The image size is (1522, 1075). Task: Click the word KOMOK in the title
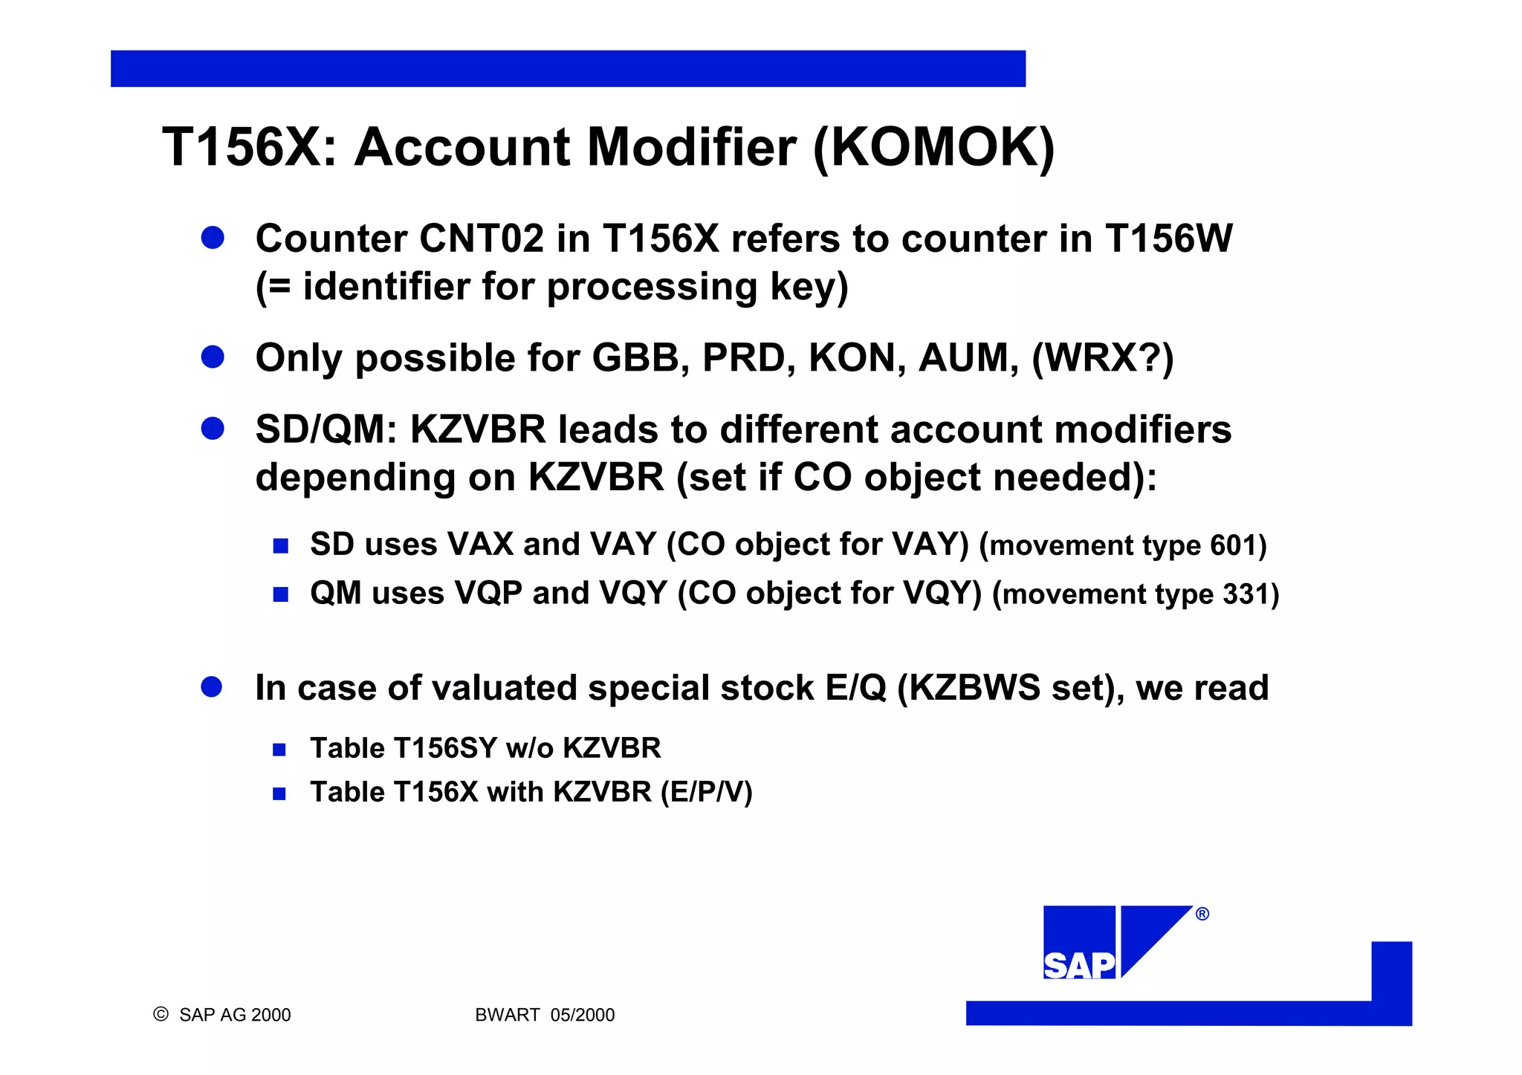(x=934, y=147)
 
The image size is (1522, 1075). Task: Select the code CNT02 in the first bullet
(x=481, y=239)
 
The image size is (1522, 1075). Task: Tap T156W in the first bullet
(x=1168, y=239)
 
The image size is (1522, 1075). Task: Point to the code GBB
(x=635, y=358)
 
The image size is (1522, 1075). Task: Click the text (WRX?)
(x=1103, y=358)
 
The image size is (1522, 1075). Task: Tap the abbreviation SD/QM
(x=326, y=429)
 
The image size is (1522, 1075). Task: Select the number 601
(x=1234, y=546)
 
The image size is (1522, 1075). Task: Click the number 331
(x=1246, y=594)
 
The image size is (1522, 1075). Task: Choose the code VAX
(x=480, y=545)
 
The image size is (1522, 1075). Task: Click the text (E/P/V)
(x=706, y=793)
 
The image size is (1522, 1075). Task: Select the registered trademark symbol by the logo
(x=1202, y=915)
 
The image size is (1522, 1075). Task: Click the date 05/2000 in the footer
(x=583, y=1015)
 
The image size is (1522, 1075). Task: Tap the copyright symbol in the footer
(x=161, y=1014)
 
